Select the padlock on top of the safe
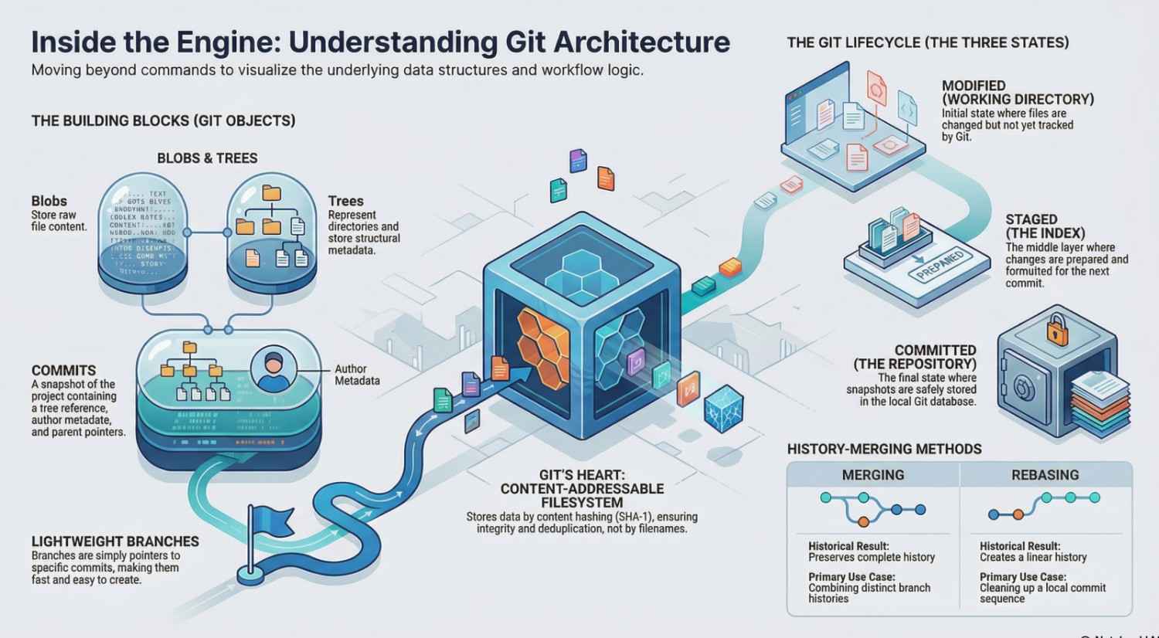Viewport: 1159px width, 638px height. (x=1055, y=330)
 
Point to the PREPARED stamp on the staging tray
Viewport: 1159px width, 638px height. (x=939, y=265)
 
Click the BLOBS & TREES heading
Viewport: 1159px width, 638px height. (x=207, y=158)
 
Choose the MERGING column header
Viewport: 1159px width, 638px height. (x=872, y=475)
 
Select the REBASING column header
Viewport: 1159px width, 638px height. (x=1045, y=475)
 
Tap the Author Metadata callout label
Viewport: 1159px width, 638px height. (x=356, y=375)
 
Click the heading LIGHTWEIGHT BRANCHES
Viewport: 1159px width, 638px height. (x=115, y=541)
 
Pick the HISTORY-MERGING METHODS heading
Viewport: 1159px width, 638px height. (x=884, y=449)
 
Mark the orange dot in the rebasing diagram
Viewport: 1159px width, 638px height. (x=1018, y=514)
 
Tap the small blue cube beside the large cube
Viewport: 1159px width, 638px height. (x=723, y=407)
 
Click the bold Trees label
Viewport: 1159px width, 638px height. (x=345, y=202)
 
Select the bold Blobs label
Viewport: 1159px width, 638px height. (x=49, y=201)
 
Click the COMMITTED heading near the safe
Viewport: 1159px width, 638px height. (x=935, y=350)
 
